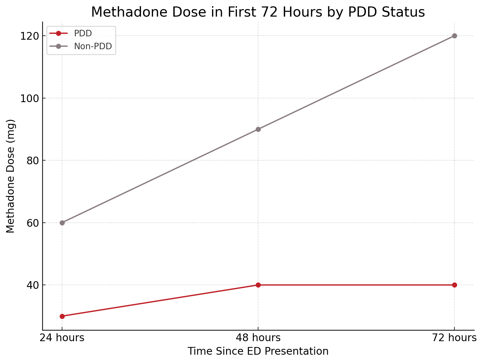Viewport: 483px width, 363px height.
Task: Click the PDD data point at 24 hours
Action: (62, 316)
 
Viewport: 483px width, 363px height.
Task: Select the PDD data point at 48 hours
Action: (258, 285)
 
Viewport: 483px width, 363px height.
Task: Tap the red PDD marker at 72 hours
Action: (454, 285)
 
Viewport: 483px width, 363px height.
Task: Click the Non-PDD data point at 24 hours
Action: (62, 223)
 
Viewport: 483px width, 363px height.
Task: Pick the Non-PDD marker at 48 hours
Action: (258, 129)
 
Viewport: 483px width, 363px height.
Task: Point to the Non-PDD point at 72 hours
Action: (454, 36)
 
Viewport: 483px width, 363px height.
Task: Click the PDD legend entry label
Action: (83, 34)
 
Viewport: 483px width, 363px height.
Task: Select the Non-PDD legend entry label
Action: (93, 46)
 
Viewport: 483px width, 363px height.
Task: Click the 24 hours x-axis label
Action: (62, 338)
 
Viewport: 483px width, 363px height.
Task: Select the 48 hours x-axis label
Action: (258, 338)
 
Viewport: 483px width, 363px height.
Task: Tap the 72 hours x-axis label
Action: (454, 338)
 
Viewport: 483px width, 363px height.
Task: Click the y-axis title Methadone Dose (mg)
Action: (10, 176)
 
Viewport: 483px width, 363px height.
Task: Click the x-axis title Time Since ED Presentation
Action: (258, 351)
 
